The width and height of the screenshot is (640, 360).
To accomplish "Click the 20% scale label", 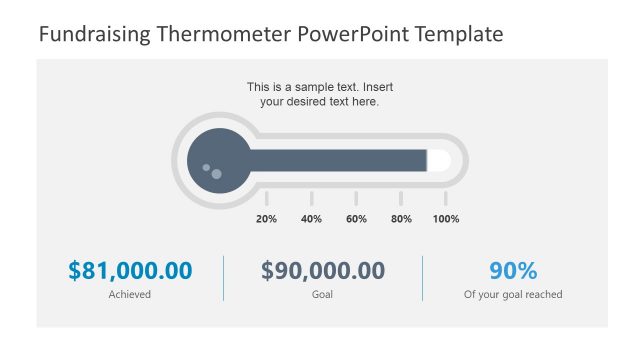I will (x=266, y=219).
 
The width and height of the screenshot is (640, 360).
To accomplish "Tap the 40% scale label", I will (x=311, y=219).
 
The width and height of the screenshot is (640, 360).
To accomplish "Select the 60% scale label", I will (x=356, y=219).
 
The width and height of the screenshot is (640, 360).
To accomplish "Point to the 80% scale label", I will (x=401, y=219).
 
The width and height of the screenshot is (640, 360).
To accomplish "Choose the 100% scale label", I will (x=446, y=219).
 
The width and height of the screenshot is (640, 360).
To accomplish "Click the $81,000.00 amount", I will (x=130, y=270).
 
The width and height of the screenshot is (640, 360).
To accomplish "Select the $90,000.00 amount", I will (x=323, y=270).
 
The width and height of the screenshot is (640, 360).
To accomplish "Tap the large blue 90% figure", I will (x=513, y=270).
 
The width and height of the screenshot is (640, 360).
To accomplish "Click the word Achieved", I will (x=130, y=295).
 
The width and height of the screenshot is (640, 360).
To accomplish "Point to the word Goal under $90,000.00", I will (x=323, y=295).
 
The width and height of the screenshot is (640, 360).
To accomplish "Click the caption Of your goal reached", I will (x=513, y=295).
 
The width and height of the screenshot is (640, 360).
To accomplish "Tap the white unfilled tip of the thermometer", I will (x=438, y=160).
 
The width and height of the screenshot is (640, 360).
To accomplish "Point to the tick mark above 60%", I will (x=356, y=198).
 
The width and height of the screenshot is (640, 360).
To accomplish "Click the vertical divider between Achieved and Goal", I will (x=223, y=278).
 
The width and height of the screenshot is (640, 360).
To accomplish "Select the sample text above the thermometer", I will (x=320, y=94).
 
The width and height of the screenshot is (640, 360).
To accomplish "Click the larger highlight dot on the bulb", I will (x=216, y=174).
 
